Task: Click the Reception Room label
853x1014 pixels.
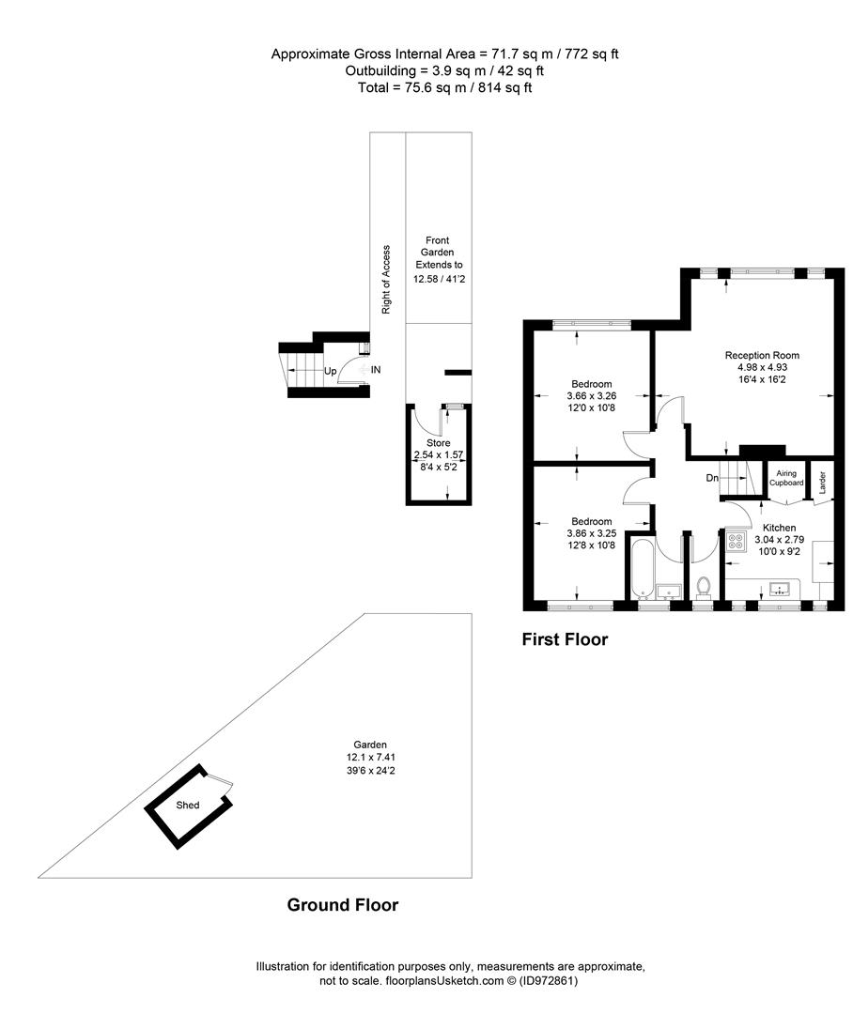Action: coord(762,355)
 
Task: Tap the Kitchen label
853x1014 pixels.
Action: coord(779,528)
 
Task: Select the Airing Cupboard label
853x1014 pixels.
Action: coord(786,478)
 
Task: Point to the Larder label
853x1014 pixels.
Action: coord(823,483)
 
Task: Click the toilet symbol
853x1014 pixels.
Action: coord(704,587)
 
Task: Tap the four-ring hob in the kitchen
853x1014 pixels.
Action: coord(736,541)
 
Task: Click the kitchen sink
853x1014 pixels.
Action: coord(781,589)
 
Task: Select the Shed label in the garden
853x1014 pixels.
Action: coord(188,806)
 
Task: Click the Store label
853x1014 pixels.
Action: coord(438,443)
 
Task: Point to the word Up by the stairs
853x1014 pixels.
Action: coord(330,371)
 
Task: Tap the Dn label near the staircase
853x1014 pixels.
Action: coord(712,478)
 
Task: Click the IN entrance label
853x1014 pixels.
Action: coord(376,370)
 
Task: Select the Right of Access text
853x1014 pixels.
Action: coord(386,280)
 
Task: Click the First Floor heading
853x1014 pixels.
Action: coord(565,639)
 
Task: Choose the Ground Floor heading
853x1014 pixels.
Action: coord(342,905)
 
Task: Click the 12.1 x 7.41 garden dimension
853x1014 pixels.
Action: coord(370,758)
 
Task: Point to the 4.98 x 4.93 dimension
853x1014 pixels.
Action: coord(762,367)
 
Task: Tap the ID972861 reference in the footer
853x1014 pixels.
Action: coord(549,980)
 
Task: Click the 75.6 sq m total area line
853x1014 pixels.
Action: coord(444,87)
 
